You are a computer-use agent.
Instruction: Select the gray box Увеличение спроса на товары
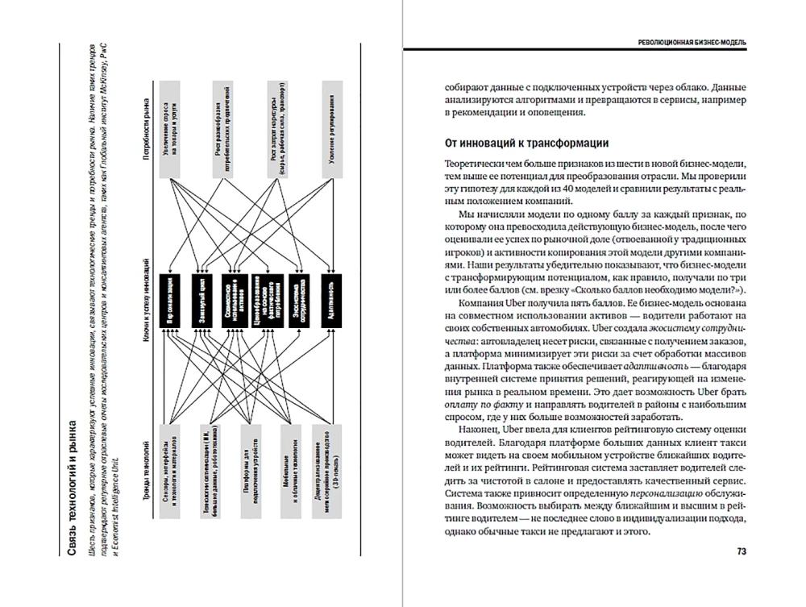point(172,129)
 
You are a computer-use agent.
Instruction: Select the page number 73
point(742,552)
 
